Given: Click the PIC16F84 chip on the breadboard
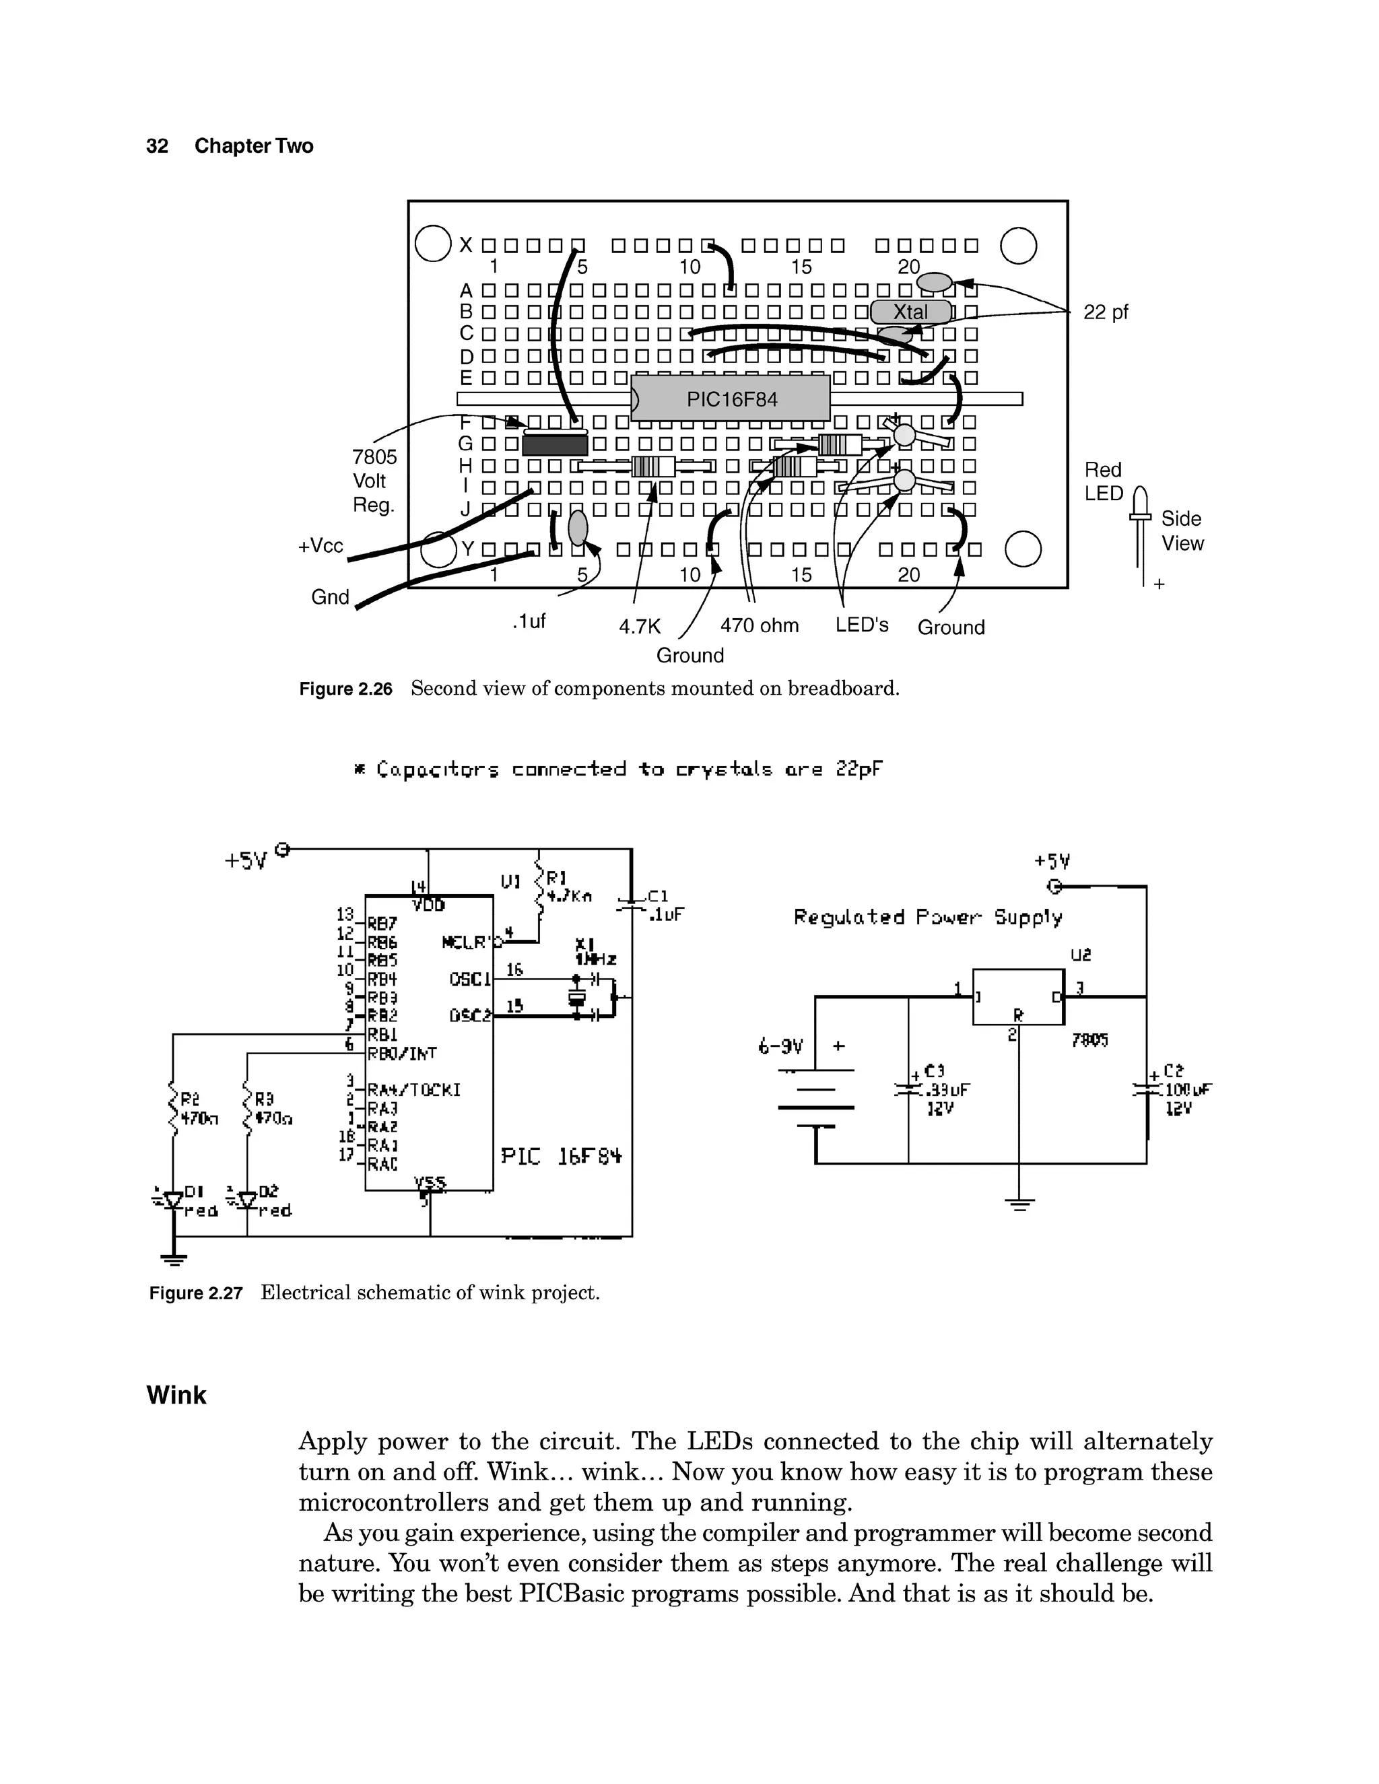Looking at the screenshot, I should pos(731,399).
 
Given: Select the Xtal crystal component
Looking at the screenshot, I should pos(910,312).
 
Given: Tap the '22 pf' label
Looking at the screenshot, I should pos(1106,312).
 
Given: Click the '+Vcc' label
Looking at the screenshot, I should pos(321,546).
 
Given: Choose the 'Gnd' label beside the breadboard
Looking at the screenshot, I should pos(330,597).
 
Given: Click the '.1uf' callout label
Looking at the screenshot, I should pos(529,621).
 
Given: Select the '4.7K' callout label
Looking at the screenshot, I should pos(639,627).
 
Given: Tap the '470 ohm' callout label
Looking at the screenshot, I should pos(759,625).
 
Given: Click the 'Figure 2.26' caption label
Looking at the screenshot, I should pos(345,689).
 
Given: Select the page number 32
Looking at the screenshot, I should pos(157,146).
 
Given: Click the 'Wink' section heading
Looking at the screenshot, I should pos(176,1394).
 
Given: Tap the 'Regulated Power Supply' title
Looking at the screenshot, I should pos(928,918).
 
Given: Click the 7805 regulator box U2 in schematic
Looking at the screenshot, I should pos(1018,996).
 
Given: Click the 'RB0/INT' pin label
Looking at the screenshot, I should pos(402,1054).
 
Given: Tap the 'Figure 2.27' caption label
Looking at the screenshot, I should pos(196,1293).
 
